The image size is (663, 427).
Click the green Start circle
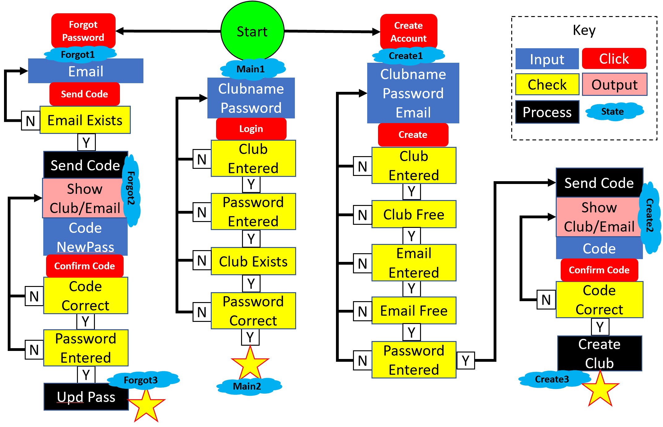(252, 31)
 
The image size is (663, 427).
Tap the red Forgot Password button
(83, 31)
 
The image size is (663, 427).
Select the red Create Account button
(408, 32)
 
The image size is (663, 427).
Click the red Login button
(251, 129)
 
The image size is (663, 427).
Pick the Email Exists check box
(85, 120)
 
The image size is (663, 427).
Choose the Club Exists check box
(253, 261)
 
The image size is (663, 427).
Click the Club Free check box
(414, 214)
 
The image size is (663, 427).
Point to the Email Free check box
(414, 310)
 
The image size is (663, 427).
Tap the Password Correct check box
(253, 311)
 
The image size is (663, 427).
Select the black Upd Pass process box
(86, 397)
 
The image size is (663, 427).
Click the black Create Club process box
(599, 353)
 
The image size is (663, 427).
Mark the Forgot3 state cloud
(141, 380)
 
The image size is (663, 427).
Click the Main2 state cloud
(247, 386)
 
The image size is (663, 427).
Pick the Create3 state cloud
(552, 379)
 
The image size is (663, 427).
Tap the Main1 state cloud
(251, 69)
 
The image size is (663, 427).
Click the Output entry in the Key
(614, 84)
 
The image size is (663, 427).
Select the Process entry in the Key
(547, 112)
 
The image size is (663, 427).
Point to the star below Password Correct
(250, 363)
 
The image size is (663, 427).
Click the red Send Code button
(84, 94)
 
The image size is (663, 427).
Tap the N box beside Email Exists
(30, 121)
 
